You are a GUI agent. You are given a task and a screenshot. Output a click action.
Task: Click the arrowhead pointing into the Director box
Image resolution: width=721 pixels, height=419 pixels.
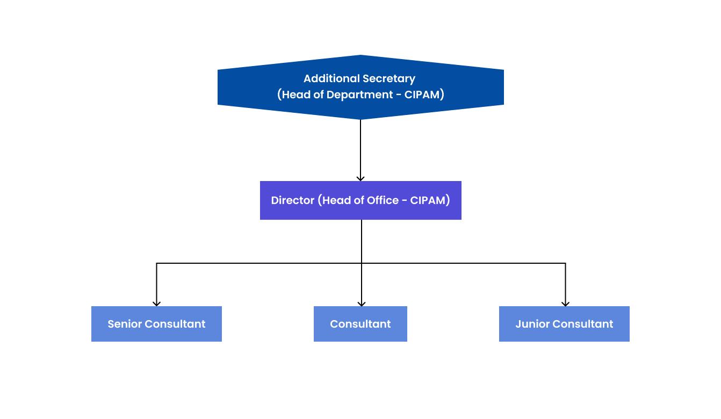360,178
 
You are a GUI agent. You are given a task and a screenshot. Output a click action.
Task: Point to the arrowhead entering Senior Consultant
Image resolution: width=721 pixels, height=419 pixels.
156,303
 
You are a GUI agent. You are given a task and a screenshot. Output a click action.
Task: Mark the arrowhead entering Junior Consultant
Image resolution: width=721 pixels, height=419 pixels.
565,303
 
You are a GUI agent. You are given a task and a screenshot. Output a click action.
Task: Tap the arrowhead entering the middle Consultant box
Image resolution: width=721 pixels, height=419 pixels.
362,303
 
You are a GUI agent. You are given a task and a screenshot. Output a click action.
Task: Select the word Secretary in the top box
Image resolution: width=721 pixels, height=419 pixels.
388,78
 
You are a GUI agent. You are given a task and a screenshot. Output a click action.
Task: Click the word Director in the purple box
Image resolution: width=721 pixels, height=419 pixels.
292,200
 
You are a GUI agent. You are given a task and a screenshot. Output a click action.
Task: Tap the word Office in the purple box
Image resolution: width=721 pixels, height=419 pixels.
383,200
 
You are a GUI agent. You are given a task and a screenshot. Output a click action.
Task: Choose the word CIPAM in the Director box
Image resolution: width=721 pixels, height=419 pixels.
428,200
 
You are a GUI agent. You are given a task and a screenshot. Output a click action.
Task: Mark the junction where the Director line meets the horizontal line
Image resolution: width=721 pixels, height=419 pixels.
362,263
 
